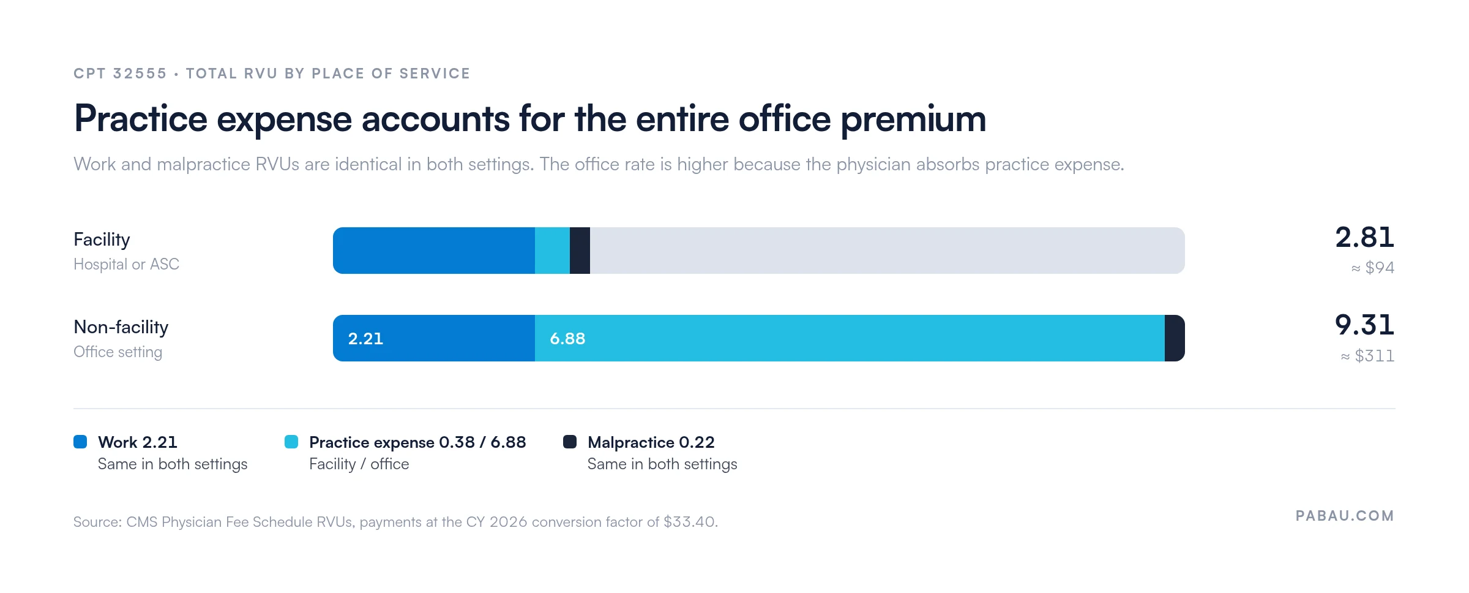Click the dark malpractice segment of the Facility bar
pyautogui.click(x=580, y=251)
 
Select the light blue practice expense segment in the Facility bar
pyautogui.click(x=552, y=251)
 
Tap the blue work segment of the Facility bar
pyautogui.click(x=434, y=251)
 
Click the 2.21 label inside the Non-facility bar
pyautogui.click(x=365, y=339)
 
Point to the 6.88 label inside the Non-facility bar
pyautogui.click(x=567, y=339)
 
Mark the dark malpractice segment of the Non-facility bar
pyautogui.click(x=1175, y=338)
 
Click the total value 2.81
pyautogui.click(x=1364, y=237)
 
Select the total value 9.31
pyautogui.click(x=1364, y=325)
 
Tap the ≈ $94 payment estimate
pyautogui.click(x=1373, y=268)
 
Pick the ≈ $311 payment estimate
pyautogui.click(x=1367, y=356)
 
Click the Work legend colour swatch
pyautogui.click(x=80, y=442)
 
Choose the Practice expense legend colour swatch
pyautogui.click(x=291, y=442)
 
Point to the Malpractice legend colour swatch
pyautogui.click(x=570, y=442)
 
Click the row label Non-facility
pyautogui.click(x=121, y=328)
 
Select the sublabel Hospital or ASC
pyautogui.click(x=126, y=264)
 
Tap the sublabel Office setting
pyautogui.click(x=118, y=352)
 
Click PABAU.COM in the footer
pyautogui.click(x=1345, y=516)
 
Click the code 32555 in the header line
pyautogui.click(x=140, y=74)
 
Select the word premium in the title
pyautogui.click(x=913, y=119)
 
